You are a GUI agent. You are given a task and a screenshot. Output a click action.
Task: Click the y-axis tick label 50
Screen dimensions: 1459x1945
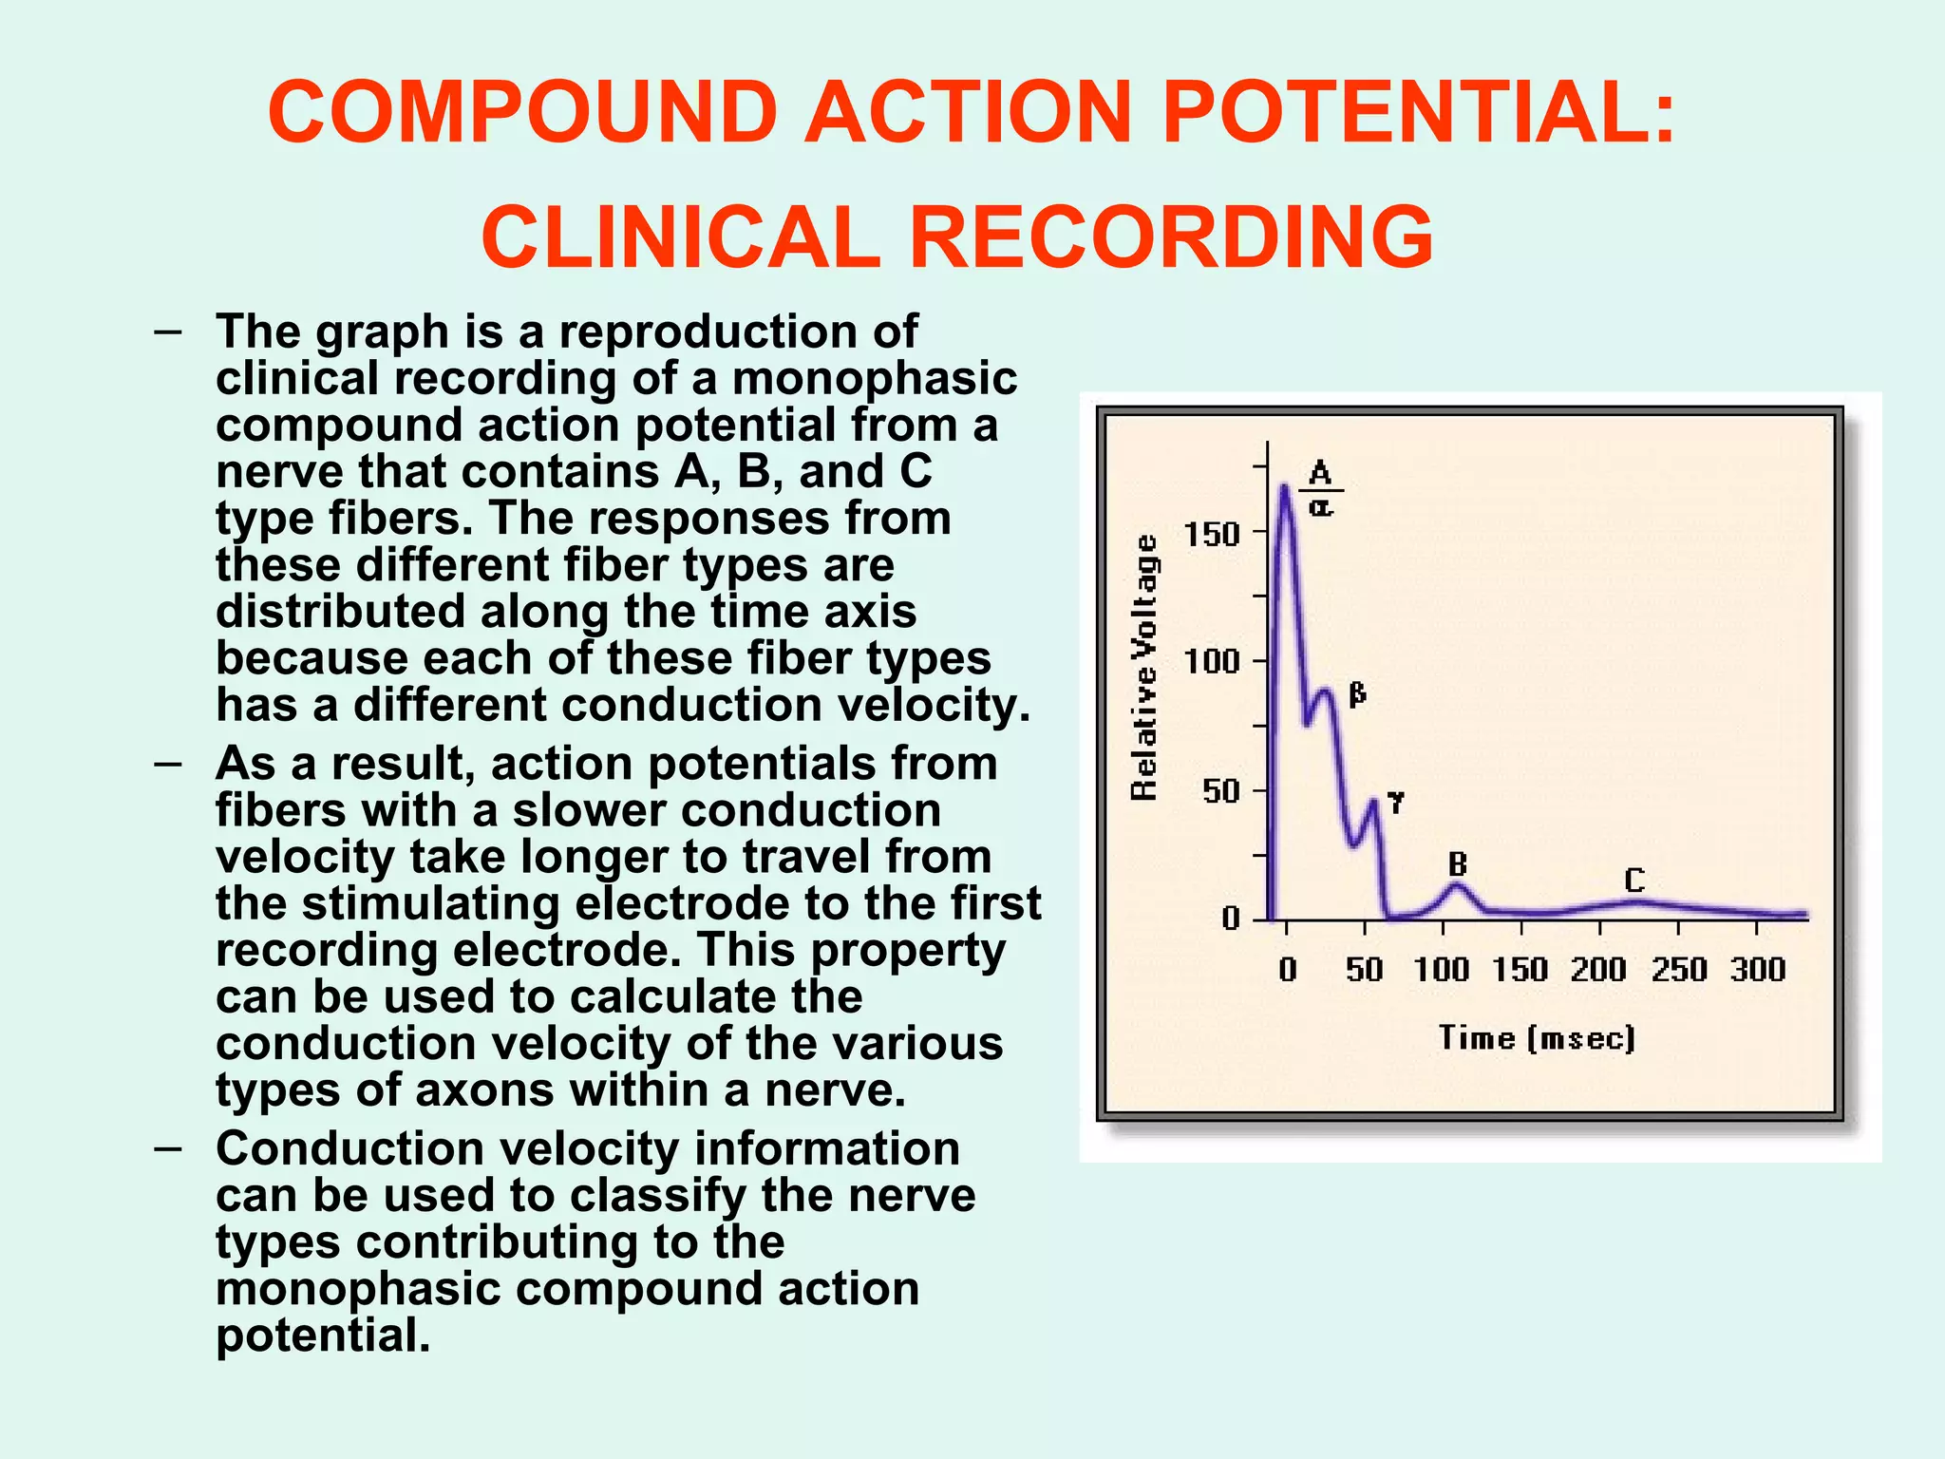tap(1220, 790)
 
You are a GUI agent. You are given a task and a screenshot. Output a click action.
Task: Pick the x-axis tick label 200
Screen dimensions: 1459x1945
tap(1598, 970)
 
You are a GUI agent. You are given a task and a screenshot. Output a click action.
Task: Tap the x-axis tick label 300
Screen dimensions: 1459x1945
tap(1758, 970)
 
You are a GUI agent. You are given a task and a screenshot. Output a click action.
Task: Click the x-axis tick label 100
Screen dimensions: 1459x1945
tap(1441, 970)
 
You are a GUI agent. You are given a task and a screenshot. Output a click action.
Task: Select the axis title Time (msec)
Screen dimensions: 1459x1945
tap(1537, 1037)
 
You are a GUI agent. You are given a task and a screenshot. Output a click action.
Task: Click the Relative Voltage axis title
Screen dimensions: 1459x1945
tap(1145, 667)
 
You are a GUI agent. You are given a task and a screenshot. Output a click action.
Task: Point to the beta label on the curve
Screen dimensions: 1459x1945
tap(1357, 694)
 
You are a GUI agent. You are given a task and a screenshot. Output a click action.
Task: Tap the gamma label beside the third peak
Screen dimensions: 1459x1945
tap(1395, 803)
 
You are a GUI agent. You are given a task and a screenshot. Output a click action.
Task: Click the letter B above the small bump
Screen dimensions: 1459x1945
tap(1458, 864)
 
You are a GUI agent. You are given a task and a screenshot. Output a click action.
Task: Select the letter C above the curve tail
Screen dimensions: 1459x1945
tap(1633, 881)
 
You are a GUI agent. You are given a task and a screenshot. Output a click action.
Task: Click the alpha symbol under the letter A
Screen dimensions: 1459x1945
tap(1321, 507)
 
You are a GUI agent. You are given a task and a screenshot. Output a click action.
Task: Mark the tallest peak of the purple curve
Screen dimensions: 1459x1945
tap(1284, 488)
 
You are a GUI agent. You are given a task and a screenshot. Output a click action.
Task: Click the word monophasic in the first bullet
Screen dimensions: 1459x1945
tap(874, 378)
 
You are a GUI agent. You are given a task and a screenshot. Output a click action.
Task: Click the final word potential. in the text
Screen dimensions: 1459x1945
tap(323, 1336)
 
